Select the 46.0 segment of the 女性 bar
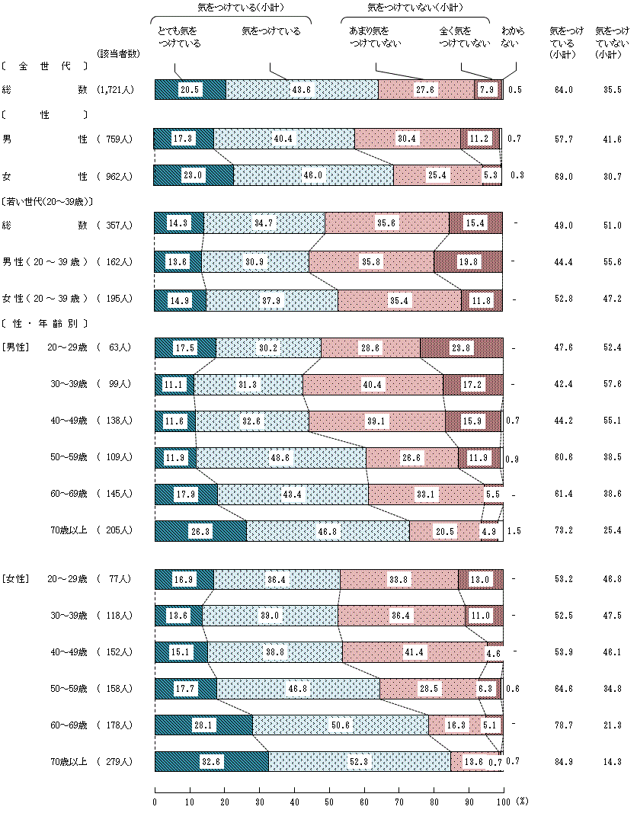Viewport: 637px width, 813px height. pyautogui.click(x=313, y=176)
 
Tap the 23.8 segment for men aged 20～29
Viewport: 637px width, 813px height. pyautogui.click(x=460, y=347)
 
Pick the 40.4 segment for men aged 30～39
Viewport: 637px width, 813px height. pyautogui.click(x=372, y=384)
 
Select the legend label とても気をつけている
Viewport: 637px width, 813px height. pyautogui.click(x=179, y=37)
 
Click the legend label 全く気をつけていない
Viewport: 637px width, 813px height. pyautogui.click(x=465, y=37)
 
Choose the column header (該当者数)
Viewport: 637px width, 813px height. pyautogui.click(x=118, y=53)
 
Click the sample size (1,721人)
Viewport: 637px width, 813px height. pyautogui.click(x=116, y=90)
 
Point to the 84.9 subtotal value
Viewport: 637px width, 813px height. pyautogui.click(x=565, y=762)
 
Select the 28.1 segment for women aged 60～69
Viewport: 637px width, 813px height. pyautogui.click(x=203, y=725)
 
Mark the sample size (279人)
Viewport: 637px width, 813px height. pyautogui.click(x=116, y=762)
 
